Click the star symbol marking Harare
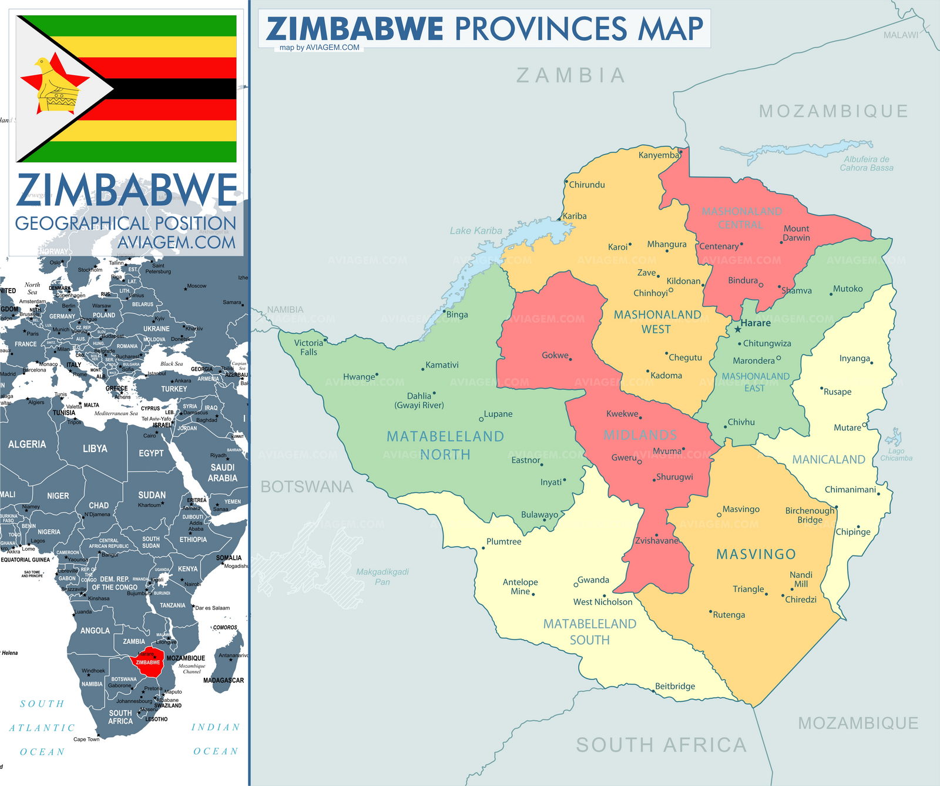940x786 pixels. pyautogui.click(x=737, y=329)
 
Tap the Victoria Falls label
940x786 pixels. pyautogui.click(x=308, y=347)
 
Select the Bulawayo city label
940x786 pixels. pyautogui.click(x=539, y=514)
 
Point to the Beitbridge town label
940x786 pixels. pyautogui.click(x=675, y=686)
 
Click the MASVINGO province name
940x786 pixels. pyautogui.click(x=756, y=554)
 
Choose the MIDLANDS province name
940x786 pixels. pyautogui.click(x=640, y=435)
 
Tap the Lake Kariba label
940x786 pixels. pyautogui.click(x=476, y=230)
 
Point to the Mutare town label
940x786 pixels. pyautogui.click(x=847, y=427)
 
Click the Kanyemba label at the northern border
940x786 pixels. pyautogui.click(x=658, y=155)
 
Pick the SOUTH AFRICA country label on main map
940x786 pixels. pyautogui.click(x=661, y=745)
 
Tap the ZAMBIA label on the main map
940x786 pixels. pyautogui.click(x=570, y=75)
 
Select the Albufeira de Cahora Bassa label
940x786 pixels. pyautogui.click(x=866, y=163)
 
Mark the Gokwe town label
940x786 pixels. pyautogui.click(x=555, y=355)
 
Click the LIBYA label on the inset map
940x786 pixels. pyautogui.click(x=95, y=449)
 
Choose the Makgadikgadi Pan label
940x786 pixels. pyautogui.click(x=382, y=577)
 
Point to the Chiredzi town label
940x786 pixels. pyautogui.click(x=801, y=599)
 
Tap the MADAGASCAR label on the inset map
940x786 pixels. pyautogui.click(x=223, y=680)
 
